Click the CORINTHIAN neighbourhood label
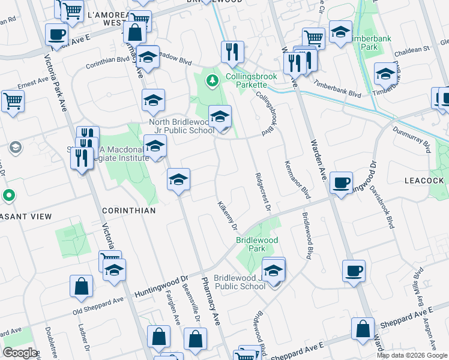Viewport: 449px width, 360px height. tap(129, 211)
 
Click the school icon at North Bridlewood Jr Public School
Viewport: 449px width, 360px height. tap(220, 117)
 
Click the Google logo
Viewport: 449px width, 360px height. tap(20, 353)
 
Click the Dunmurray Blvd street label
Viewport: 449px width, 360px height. tap(412, 137)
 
